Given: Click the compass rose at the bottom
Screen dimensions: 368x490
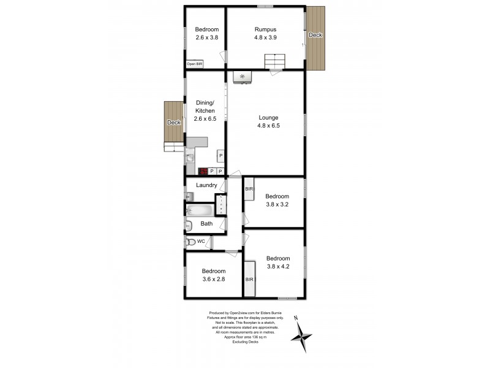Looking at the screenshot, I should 301,335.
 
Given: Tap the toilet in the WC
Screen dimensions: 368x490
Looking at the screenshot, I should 191,242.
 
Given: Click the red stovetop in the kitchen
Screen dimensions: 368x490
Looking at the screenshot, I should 203,172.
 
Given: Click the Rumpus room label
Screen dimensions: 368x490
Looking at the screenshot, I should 266,29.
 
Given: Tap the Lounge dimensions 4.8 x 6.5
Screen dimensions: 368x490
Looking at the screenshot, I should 268,126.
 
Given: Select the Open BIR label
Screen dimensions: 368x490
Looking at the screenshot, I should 195,64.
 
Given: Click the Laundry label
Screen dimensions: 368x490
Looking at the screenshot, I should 206,185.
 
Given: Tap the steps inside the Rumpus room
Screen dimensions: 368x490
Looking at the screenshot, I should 275,61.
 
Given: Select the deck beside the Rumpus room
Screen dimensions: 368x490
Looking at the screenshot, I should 315,37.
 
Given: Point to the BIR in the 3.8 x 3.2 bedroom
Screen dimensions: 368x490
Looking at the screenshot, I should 249,190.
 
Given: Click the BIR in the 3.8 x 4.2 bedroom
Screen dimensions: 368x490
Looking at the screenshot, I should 249,279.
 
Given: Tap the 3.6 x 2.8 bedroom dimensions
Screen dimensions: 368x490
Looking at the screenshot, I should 214,279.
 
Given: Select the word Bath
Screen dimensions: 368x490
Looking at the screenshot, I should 206,224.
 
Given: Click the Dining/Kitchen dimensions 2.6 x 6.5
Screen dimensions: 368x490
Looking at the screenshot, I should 205,118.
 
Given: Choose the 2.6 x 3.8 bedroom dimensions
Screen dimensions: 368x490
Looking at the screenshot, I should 206,37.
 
